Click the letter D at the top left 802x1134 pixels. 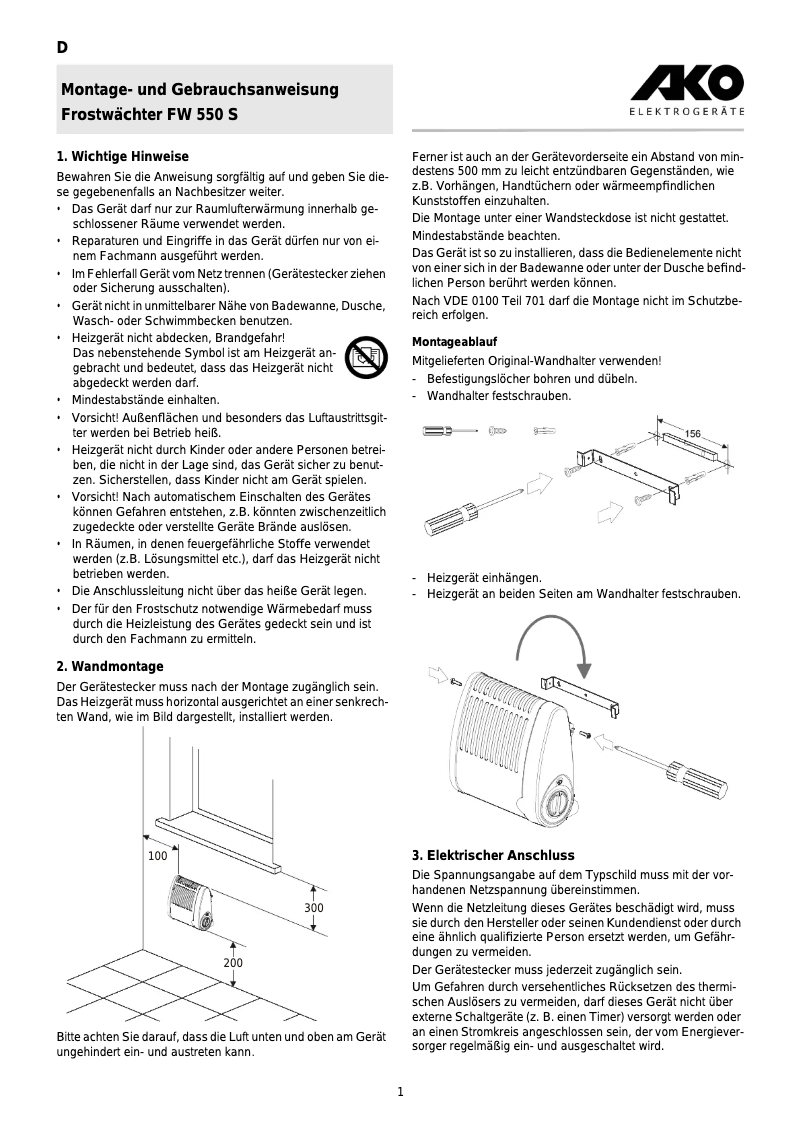click(61, 48)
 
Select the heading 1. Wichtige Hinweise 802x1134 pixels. click(123, 157)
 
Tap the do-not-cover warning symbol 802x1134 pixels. click(365, 357)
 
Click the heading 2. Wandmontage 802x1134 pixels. click(110, 666)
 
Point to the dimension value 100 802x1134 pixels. click(157, 857)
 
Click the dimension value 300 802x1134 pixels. click(314, 908)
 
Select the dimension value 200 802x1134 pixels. click(233, 963)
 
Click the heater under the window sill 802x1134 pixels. click(191, 902)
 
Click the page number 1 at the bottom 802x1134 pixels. click(400, 1092)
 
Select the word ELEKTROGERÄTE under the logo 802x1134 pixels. click(686, 112)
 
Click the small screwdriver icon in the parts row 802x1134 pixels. click(449, 431)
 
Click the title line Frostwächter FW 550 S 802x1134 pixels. click(150, 114)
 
